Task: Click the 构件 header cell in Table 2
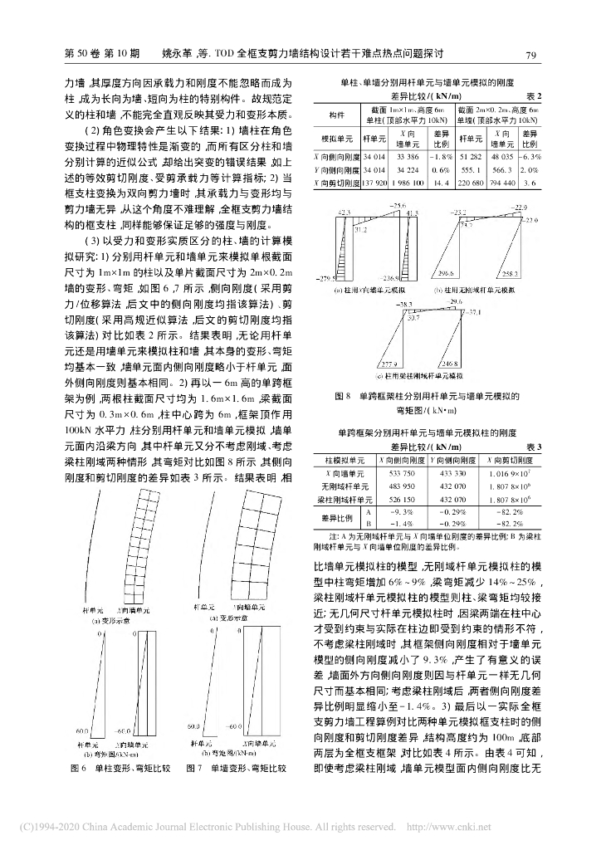337,115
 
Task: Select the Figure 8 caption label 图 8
342,397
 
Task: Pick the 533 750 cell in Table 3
402,472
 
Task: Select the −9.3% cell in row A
402,512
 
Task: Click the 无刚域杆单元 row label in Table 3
343,486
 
